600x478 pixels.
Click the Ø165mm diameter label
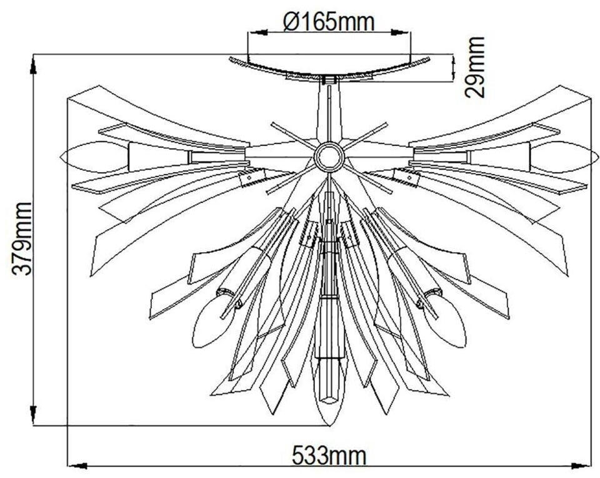[329, 22]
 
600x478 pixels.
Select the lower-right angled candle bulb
[445, 321]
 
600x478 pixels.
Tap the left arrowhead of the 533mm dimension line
[73, 465]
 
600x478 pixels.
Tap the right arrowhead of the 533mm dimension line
[585, 465]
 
